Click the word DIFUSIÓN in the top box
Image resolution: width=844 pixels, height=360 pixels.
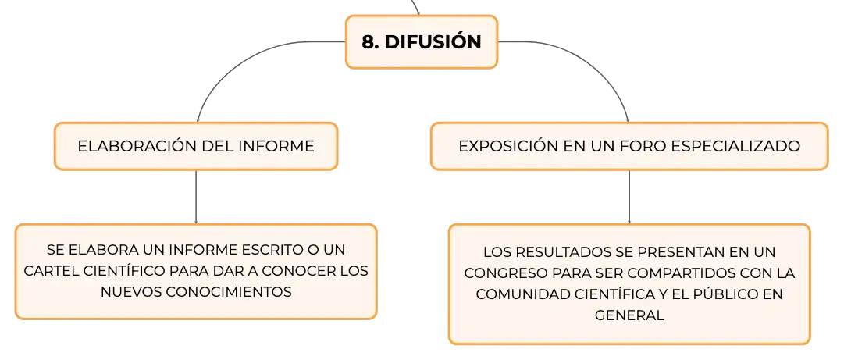(x=433, y=41)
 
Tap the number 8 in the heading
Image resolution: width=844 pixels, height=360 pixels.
(x=368, y=42)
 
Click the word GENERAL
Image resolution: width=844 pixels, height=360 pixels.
(x=629, y=315)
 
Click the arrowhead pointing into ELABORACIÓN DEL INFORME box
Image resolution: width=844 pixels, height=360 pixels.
(x=198, y=119)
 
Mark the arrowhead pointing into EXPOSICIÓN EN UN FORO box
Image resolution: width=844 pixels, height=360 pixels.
(x=628, y=119)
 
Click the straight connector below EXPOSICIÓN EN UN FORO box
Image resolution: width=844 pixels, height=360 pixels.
(x=629, y=197)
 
